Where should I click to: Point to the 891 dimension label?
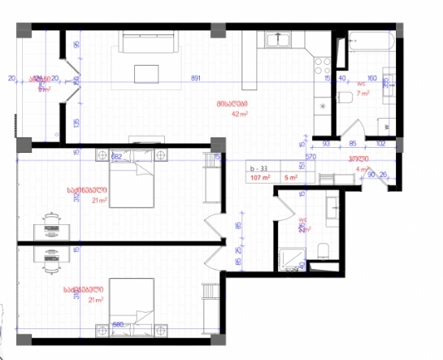pos(196,79)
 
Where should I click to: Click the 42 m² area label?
pos(238,115)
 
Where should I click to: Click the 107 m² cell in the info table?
pos(260,176)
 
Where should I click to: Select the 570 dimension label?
pos(310,157)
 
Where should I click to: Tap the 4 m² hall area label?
pos(363,169)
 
